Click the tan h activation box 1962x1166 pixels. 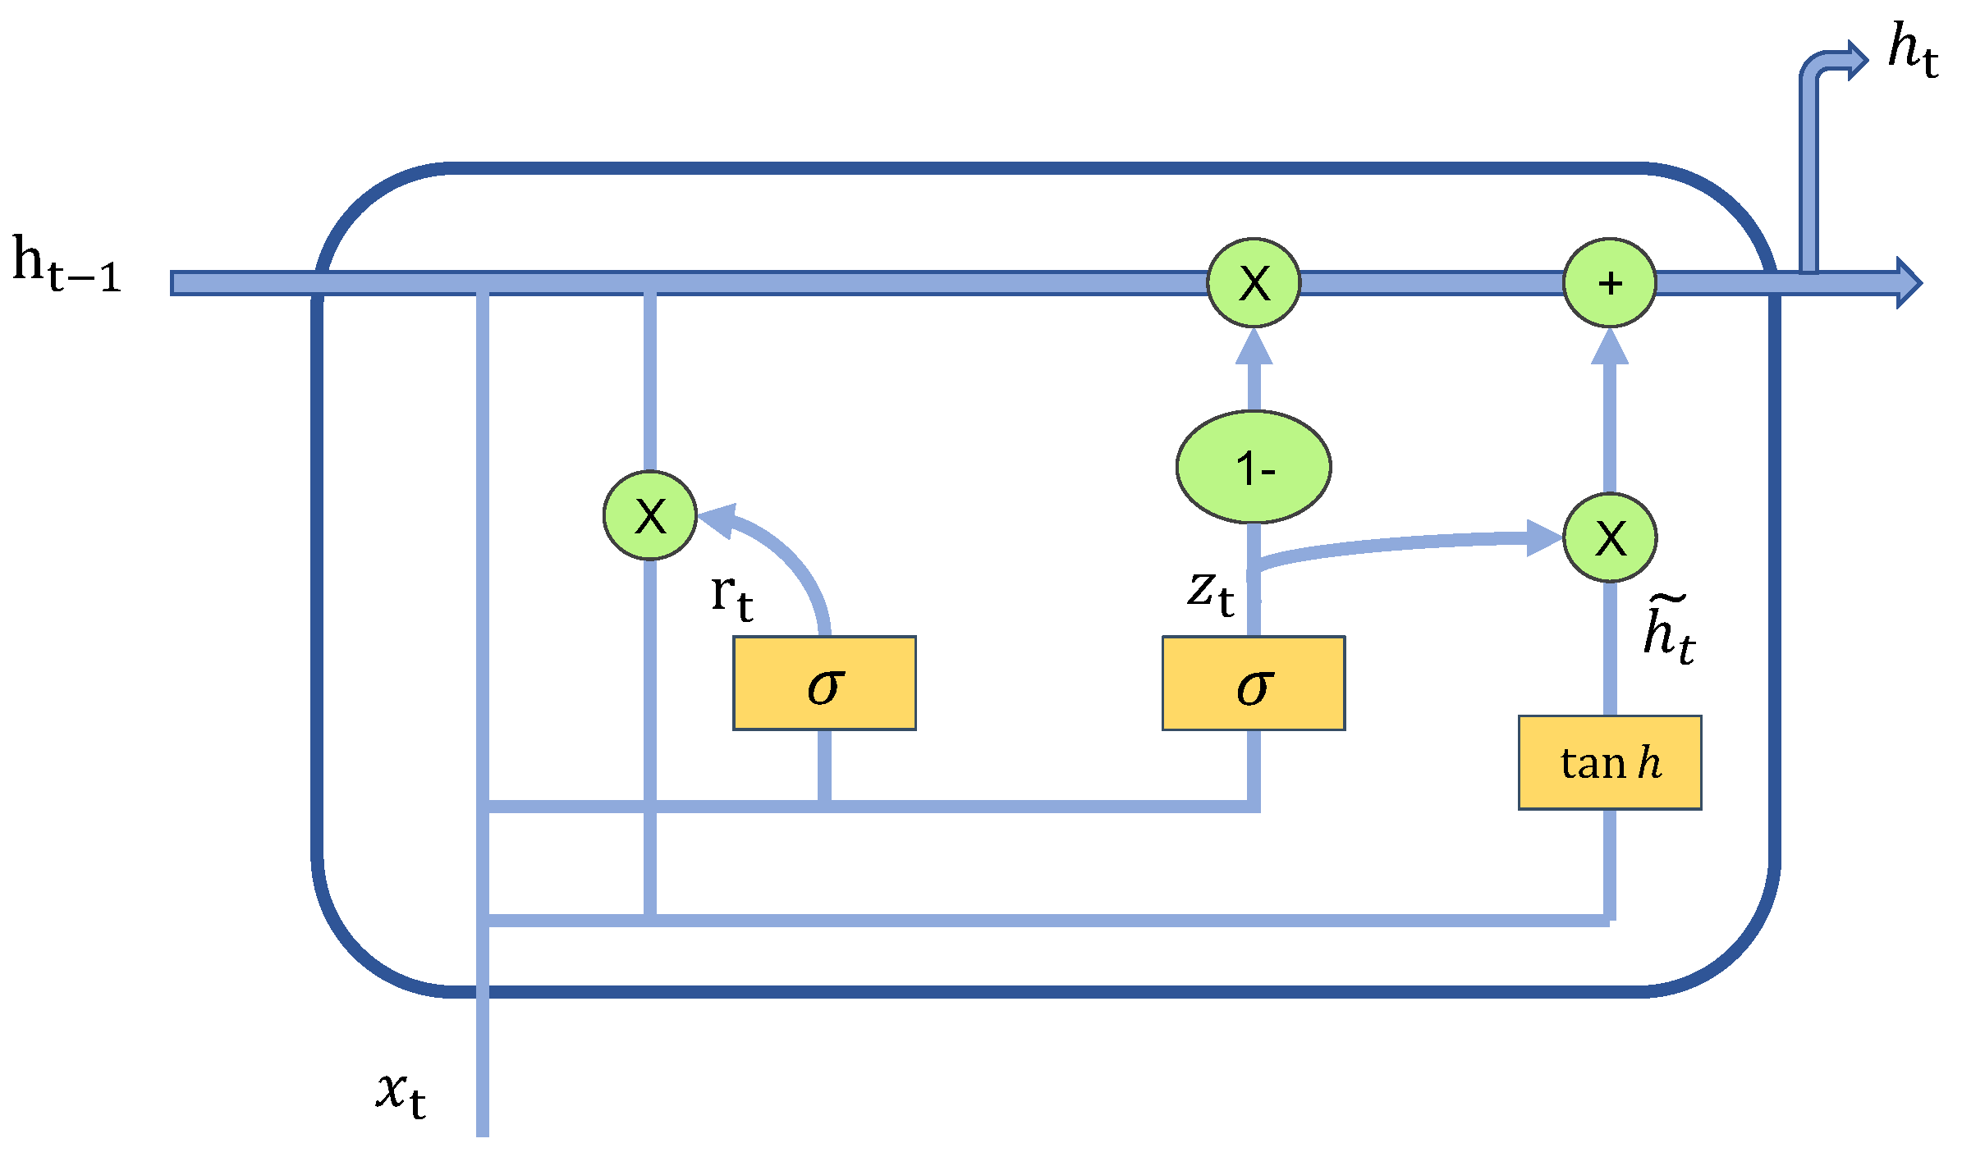coord(1609,762)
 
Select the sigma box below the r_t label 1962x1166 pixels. coord(824,683)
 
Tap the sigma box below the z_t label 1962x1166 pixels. coord(1253,683)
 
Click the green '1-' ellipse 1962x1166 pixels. coord(1254,467)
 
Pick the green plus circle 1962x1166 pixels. coord(1609,283)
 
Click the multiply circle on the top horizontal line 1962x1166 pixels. coord(1254,283)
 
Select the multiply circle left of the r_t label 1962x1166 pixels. coord(649,515)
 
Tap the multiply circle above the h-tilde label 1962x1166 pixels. coord(1609,538)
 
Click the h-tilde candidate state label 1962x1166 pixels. coord(1669,630)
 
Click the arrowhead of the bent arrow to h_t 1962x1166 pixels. coord(1857,60)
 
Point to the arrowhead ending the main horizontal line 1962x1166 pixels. coord(1909,283)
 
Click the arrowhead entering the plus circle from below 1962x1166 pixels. coord(1609,346)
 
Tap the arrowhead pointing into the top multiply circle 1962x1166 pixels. coord(1254,346)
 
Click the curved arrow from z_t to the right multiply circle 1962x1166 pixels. coord(1396,546)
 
